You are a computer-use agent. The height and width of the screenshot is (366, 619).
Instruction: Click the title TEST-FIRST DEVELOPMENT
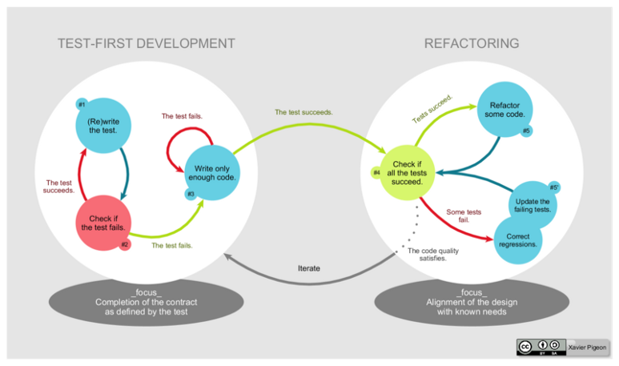tap(147, 43)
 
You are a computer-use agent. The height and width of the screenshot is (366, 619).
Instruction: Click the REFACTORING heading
tap(471, 43)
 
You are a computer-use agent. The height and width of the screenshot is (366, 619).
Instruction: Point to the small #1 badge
tap(82, 104)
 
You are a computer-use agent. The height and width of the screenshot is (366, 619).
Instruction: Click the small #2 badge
tap(125, 244)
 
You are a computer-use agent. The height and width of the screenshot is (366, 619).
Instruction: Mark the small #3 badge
tap(191, 195)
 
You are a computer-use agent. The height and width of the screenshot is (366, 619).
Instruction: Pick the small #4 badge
tap(376, 172)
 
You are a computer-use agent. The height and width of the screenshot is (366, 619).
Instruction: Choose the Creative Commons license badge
tap(541, 347)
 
